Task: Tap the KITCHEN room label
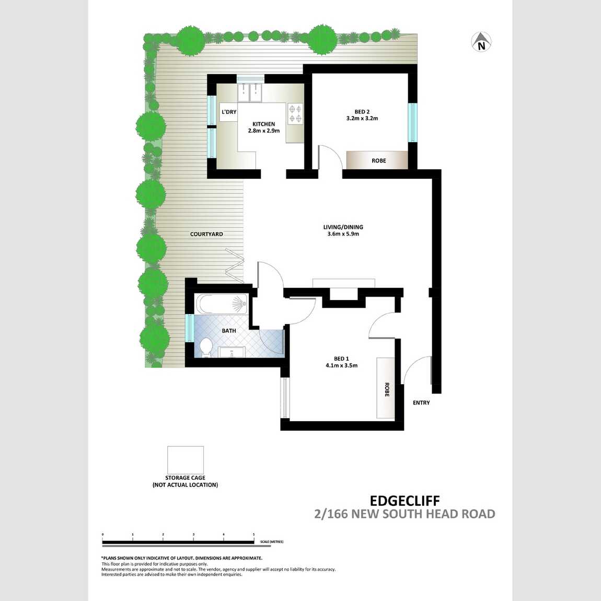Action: coord(263,124)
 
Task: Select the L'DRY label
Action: coord(229,112)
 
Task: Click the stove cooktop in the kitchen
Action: coord(295,114)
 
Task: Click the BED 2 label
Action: coord(362,111)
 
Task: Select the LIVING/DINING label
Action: coord(343,227)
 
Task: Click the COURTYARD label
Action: coord(206,234)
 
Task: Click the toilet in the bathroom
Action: coord(206,347)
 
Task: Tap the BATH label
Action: coord(229,331)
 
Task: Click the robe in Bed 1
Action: coord(387,388)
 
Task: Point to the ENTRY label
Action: coord(421,402)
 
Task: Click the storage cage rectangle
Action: coord(186,460)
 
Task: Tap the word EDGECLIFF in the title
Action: coord(404,501)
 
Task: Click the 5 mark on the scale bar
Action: coord(254,535)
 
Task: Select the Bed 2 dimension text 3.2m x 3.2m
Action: coord(362,119)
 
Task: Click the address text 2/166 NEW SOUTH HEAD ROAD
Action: coord(404,514)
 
